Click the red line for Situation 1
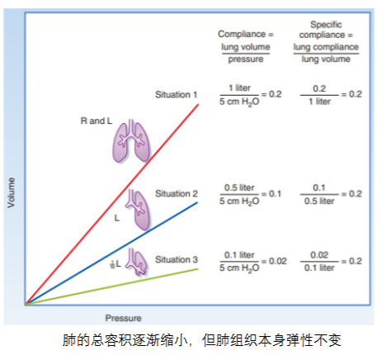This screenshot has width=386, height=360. (x=112, y=204)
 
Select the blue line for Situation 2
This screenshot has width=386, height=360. (x=111, y=253)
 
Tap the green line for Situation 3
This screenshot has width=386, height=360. (x=111, y=287)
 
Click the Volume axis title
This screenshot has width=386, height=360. (x=11, y=192)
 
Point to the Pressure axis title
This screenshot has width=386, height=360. (x=123, y=318)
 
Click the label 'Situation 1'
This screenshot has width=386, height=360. (x=177, y=95)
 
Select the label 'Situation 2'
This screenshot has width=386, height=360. (x=177, y=194)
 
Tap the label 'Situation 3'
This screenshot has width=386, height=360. (x=177, y=259)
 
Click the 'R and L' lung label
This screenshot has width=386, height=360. (x=96, y=121)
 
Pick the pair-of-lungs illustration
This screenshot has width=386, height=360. (x=131, y=141)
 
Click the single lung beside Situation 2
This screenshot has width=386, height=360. (x=139, y=210)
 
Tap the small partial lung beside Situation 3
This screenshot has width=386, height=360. (x=137, y=262)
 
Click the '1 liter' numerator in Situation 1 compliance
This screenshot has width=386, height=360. (x=239, y=88)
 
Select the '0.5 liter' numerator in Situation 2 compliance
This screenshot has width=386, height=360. (x=239, y=187)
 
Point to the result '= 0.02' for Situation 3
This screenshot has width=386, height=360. (x=274, y=261)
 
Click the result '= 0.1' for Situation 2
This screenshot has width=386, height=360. (x=271, y=194)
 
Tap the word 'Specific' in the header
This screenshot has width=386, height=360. (x=326, y=25)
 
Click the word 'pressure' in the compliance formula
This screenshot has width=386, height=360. (x=246, y=59)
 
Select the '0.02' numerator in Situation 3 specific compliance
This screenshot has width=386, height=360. (x=319, y=255)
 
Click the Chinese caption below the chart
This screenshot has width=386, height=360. (x=202, y=340)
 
